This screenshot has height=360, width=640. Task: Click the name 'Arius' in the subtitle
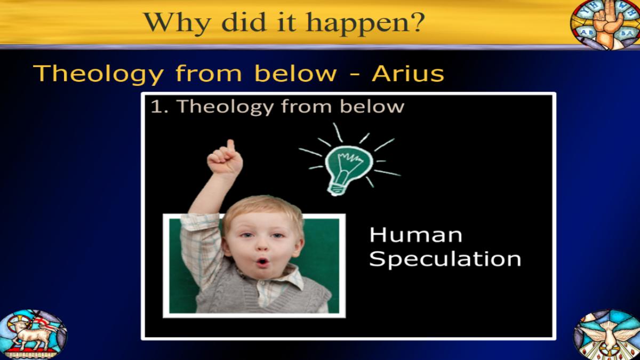coord(407,73)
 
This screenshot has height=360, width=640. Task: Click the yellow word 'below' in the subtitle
coord(295,73)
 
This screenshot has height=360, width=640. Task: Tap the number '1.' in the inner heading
coord(159,107)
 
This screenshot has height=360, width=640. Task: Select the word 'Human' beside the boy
coord(415,235)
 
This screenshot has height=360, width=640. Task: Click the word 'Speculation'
coord(445,259)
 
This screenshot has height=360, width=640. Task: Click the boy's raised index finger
coord(230,146)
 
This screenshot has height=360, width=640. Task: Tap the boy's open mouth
coord(262,261)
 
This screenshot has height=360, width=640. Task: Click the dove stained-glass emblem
coord(607,334)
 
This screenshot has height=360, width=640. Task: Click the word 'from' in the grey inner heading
coord(306,107)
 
